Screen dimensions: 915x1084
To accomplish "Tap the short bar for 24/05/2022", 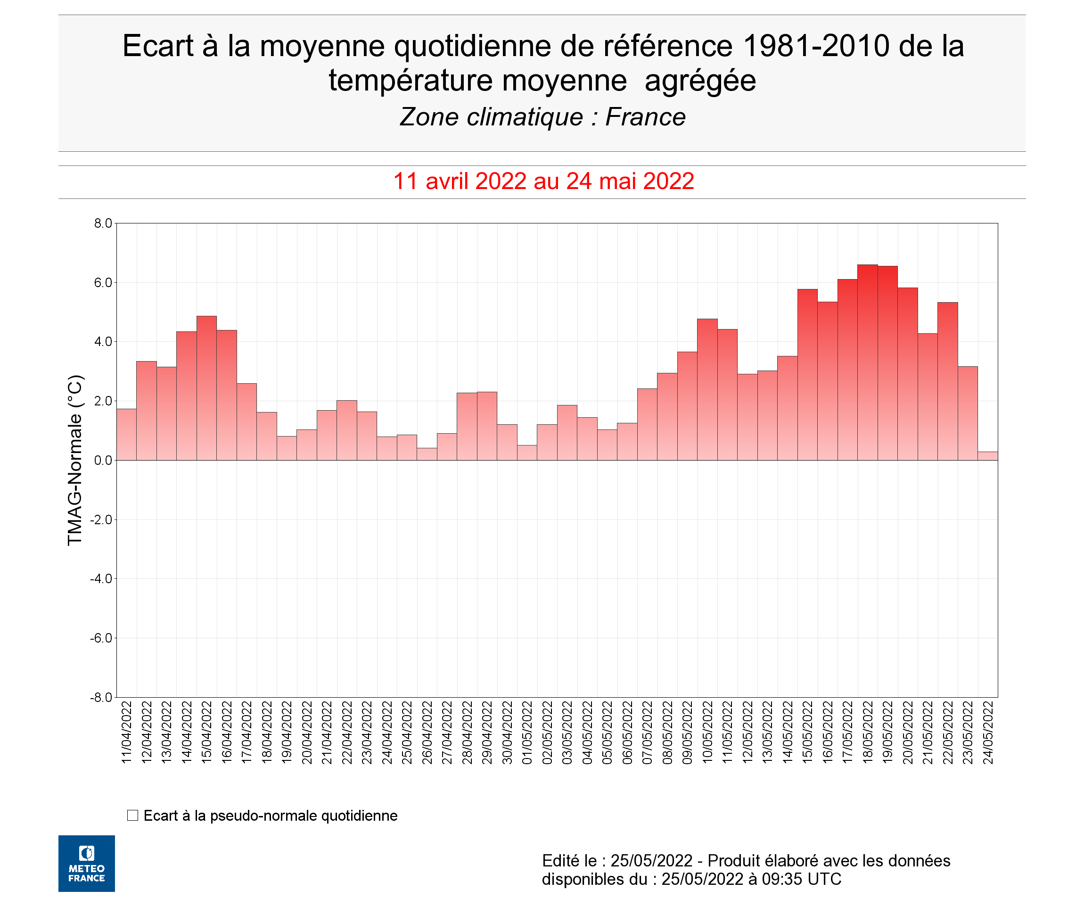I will (x=987, y=456).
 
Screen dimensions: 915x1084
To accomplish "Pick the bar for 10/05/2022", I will (x=707, y=389).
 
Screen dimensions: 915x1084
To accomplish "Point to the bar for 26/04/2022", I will (x=427, y=454).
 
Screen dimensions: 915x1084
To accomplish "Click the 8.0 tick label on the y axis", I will (x=103, y=223).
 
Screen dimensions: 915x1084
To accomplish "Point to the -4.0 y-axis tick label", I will (x=102, y=579).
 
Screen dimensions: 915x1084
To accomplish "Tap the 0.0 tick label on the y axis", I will (x=103, y=461).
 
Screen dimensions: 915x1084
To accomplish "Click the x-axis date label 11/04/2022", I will (x=127, y=733).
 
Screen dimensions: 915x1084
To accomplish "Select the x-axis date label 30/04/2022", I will (x=507, y=733).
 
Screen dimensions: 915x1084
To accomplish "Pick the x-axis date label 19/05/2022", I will (x=887, y=733).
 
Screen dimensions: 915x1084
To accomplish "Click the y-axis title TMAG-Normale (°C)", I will (x=75, y=460).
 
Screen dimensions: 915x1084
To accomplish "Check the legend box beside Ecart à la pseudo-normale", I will (x=133, y=816).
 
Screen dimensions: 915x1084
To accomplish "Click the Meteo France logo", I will (x=87, y=863).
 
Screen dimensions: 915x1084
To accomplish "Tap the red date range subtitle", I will (x=543, y=181).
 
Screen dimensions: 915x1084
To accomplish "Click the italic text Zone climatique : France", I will (x=542, y=117).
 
